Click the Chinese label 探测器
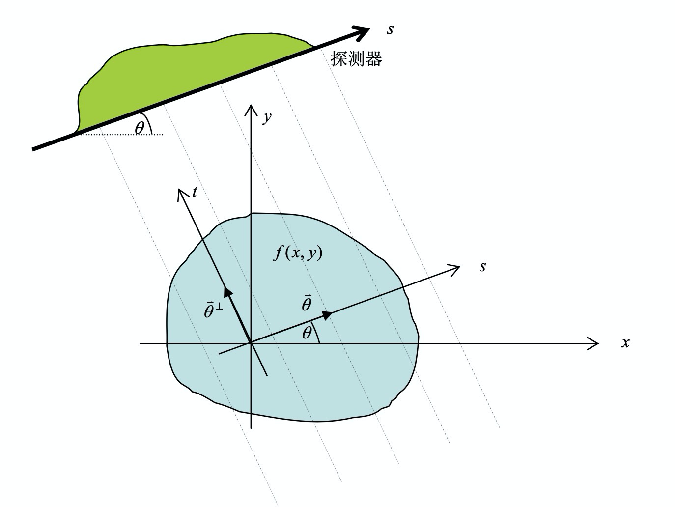click(x=356, y=58)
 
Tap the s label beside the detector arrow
click(x=390, y=29)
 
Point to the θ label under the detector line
click(x=140, y=128)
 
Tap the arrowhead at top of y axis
click(x=251, y=111)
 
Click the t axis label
click(x=195, y=192)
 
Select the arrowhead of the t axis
click(x=182, y=195)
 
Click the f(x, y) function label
click(x=298, y=253)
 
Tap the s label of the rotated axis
click(x=483, y=267)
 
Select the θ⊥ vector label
click(x=213, y=310)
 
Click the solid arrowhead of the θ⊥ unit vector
click(x=228, y=292)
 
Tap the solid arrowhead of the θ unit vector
click(x=328, y=315)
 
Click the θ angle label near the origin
click(x=307, y=333)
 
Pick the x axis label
click(x=625, y=343)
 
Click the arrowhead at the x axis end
click(x=593, y=343)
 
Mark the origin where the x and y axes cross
click(x=251, y=343)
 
